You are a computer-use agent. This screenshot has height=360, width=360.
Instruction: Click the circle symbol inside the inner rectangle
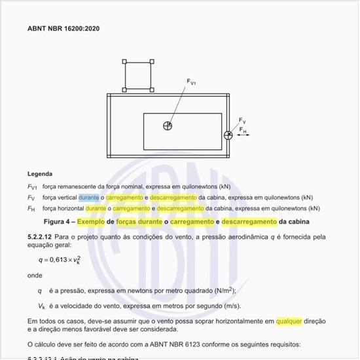pyautogui.click(x=168, y=125)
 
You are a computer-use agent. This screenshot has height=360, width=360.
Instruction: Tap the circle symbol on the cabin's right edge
pyautogui.click(x=228, y=135)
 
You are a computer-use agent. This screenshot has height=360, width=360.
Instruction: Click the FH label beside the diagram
pyautogui.click(x=242, y=130)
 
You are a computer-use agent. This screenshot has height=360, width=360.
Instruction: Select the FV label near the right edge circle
pyautogui.click(x=242, y=121)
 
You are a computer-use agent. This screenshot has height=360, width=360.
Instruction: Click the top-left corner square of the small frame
pyautogui.click(x=125, y=62)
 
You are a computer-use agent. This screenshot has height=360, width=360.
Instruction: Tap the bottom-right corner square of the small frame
pyautogui.click(x=152, y=89)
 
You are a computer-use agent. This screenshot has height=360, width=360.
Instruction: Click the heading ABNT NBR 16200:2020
pyautogui.click(x=63, y=29)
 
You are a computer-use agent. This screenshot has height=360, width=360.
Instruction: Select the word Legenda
pyautogui.click(x=40, y=175)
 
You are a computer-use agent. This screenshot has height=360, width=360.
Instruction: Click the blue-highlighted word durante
pyautogui.click(x=88, y=197)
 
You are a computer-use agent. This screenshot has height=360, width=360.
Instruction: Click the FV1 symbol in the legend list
pyautogui.click(x=32, y=187)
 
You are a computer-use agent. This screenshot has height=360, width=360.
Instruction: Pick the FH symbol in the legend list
pyautogui.click(x=31, y=209)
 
